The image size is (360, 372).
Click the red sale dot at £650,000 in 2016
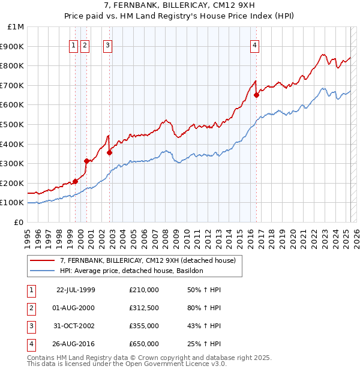pyautogui.click(x=256, y=95)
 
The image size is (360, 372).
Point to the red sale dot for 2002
pyautogui.click(x=110, y=152)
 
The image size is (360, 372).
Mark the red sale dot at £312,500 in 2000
pyautogui.click(x=86, y=161)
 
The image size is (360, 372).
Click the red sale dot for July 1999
pyautogui.click(x=76, y=181)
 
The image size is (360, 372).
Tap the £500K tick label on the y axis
pyautogui.click(x=12, y=124)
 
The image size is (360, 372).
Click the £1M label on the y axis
pyautogui.click(x=16, y=26)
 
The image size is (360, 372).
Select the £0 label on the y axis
pyautogui.click(x=19, y=222)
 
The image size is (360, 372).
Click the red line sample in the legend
pyautogui.click(x=42, y=260)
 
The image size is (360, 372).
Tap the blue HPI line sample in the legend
pyautogui.click(x=42, y=271)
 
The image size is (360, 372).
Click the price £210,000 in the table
pyautogui.click(x=144, y=290)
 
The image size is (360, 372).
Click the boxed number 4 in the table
pyautogui.click(x=31, y=344)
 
